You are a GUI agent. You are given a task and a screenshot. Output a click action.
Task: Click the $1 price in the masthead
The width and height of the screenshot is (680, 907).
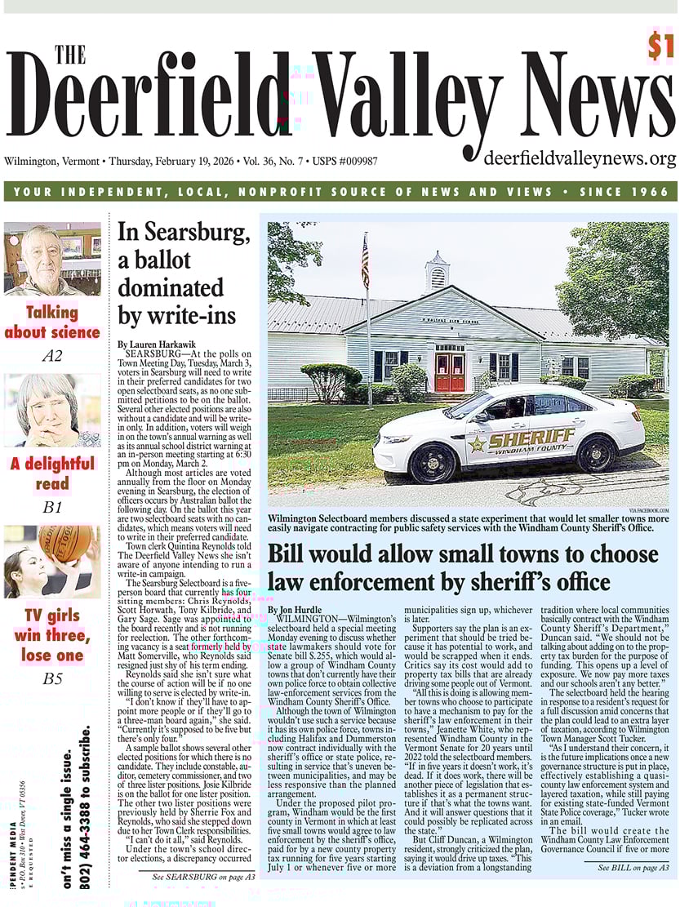coord(661,47)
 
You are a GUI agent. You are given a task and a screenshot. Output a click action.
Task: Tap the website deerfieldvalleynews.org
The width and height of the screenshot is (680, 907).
coord(580,158)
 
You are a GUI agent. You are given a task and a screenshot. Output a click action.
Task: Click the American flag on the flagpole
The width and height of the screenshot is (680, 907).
coord(365,263)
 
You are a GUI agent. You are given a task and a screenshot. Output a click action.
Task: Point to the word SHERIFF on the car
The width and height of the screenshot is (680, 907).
coord(533,438)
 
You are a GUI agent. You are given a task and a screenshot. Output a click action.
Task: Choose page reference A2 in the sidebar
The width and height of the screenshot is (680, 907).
coord(52,356)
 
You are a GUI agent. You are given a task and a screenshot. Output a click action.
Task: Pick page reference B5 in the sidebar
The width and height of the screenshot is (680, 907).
coord(52,677)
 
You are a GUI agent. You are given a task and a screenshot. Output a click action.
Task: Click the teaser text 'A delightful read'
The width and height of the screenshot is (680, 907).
coord(52,474)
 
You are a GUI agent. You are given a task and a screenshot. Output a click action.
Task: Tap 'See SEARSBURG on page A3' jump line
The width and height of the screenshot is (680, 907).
coord(203,876)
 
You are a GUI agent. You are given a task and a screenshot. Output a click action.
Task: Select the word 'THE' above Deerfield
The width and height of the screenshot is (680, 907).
coord(69,55)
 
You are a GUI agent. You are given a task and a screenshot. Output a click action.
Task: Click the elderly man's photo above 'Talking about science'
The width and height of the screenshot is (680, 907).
coord(52,259)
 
